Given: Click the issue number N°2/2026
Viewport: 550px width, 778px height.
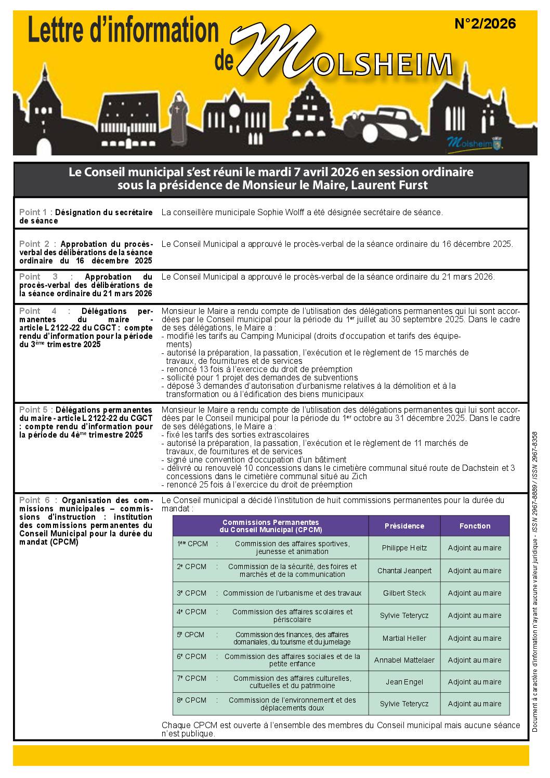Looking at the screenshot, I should [484, 24].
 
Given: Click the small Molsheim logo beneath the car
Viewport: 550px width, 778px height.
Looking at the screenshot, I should [475, 142].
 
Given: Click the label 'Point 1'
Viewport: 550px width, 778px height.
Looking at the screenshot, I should [33, 213].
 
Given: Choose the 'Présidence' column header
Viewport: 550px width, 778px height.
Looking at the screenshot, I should [404, 526].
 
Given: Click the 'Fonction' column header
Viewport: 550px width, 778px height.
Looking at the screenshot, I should [475, 526].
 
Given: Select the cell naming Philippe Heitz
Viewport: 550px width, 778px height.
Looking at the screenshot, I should [404, 548].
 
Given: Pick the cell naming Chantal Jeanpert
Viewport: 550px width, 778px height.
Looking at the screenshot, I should [404, 571].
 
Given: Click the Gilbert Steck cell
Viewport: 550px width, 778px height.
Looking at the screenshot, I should [404, 593].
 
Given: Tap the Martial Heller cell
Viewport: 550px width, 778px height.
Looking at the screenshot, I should [404, 638].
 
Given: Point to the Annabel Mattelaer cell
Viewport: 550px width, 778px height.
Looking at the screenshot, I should [404, 660].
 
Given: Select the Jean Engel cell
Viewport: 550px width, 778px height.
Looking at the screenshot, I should [404, 682].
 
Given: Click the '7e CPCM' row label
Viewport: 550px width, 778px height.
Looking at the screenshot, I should [191, 678].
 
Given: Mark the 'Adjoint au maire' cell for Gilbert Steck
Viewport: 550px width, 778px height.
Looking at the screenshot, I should [475, 593].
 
